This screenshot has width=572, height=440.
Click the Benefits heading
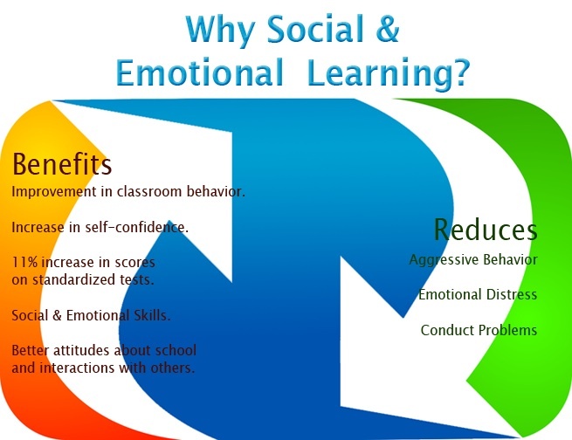[62, 164]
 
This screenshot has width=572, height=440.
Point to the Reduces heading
[486, 229]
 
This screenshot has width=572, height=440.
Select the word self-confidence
[142, 227]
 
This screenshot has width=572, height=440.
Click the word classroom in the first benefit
[141, 191]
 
